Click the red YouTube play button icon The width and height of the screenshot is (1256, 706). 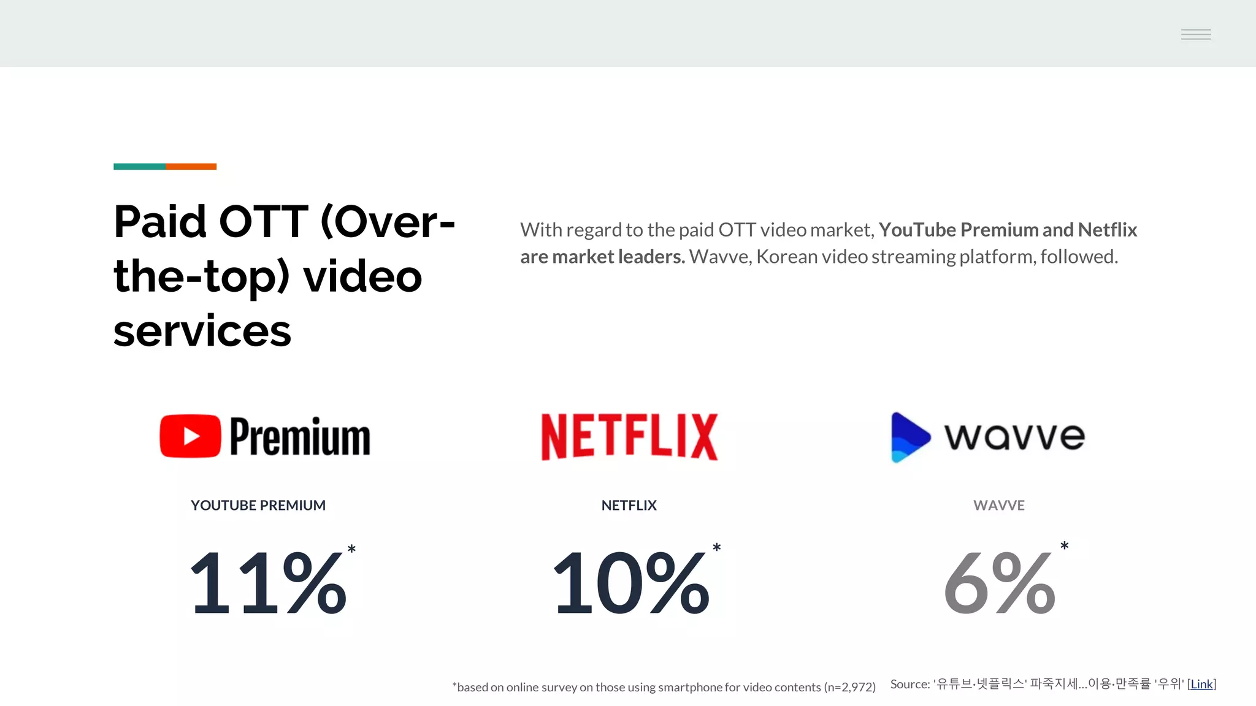(190, 436)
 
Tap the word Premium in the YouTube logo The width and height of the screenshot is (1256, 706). (300, 436)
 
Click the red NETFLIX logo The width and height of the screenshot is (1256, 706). (629, 436)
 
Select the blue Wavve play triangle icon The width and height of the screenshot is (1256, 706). (909, 437)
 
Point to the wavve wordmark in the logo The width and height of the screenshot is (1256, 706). (1014, 436)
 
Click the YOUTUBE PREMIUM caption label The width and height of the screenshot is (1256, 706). (258, 506)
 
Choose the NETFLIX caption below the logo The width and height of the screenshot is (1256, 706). (629, 506)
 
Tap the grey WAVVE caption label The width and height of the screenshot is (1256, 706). (999, 506)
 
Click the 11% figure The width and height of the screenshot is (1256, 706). (269, 582)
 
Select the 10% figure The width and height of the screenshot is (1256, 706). (631, 582)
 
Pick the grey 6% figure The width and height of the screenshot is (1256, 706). (1000, 582)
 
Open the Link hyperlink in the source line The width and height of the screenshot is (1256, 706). (1201, 684)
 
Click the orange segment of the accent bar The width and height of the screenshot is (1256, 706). (191, 167)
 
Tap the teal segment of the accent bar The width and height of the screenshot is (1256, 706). (139, 167)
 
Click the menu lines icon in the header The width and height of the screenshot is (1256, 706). (1196, 34)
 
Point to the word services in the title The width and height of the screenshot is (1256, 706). (202, 331)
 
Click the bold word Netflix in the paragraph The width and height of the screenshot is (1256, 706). (1108, 230)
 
